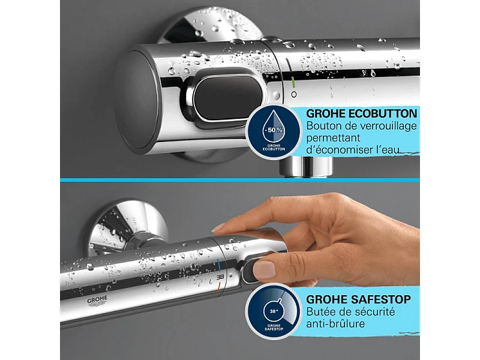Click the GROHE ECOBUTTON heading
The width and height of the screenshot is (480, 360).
click(362, 113)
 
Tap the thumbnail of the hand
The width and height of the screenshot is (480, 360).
click(263, 269)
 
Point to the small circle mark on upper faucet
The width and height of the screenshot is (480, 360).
click(293, 95)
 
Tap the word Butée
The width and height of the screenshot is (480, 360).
click(322, 311)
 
